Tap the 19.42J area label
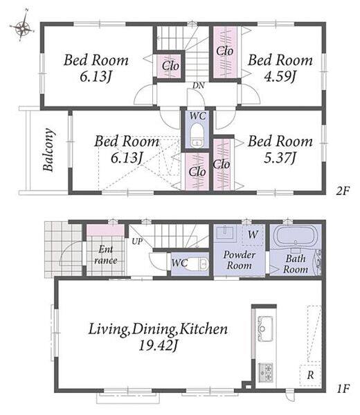[158, 345]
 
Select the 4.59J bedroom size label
[280, 76]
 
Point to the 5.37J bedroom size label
[280, 158]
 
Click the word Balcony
[49, 150]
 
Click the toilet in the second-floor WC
[197, 136]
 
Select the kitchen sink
[265, 329]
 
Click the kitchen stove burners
[265, 372]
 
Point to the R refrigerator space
[310, 375]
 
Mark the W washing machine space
[253, 234]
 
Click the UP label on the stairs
[137, 241]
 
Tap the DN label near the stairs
[199, 86]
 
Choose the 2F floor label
[343, 191]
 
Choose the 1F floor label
[343, 389]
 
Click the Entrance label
[106, 255]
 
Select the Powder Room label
[240, 260]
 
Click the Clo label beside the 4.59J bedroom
[224, 50]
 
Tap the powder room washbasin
[224, 233]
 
